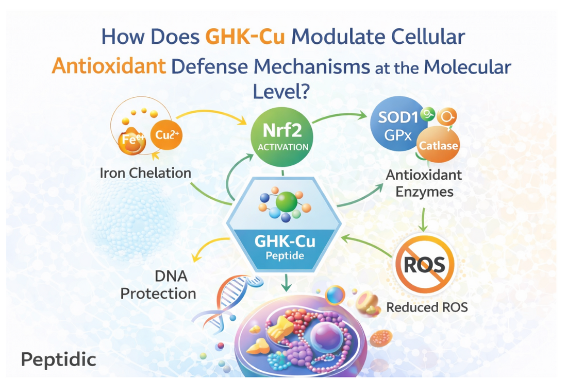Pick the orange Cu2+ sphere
pos(166,135)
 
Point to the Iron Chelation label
pos(145,173)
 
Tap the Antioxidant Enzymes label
pos(424,183)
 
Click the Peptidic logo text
pos(58,359)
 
